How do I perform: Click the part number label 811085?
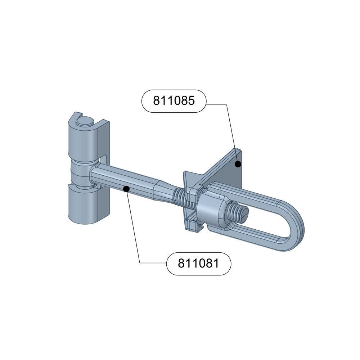(174, 101)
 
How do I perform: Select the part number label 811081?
(199, 264)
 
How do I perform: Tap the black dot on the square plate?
(238, 164)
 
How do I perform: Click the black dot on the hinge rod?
(126, 189)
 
